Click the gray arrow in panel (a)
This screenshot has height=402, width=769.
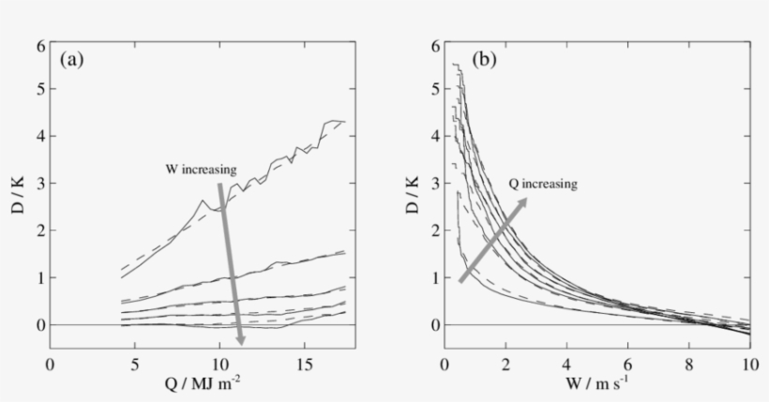(x=230, y=263)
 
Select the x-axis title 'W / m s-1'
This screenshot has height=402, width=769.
(x=597, y=384)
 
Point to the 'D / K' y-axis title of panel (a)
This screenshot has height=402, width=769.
(x=18, y=197)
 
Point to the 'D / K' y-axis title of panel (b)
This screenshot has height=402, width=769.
(x=414, y=197)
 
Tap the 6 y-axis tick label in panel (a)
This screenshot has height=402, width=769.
(x=40, y=45)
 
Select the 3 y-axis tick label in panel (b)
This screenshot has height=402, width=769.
(x=435, y=185)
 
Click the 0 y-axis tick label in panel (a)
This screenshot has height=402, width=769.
(x=40, y=325)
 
